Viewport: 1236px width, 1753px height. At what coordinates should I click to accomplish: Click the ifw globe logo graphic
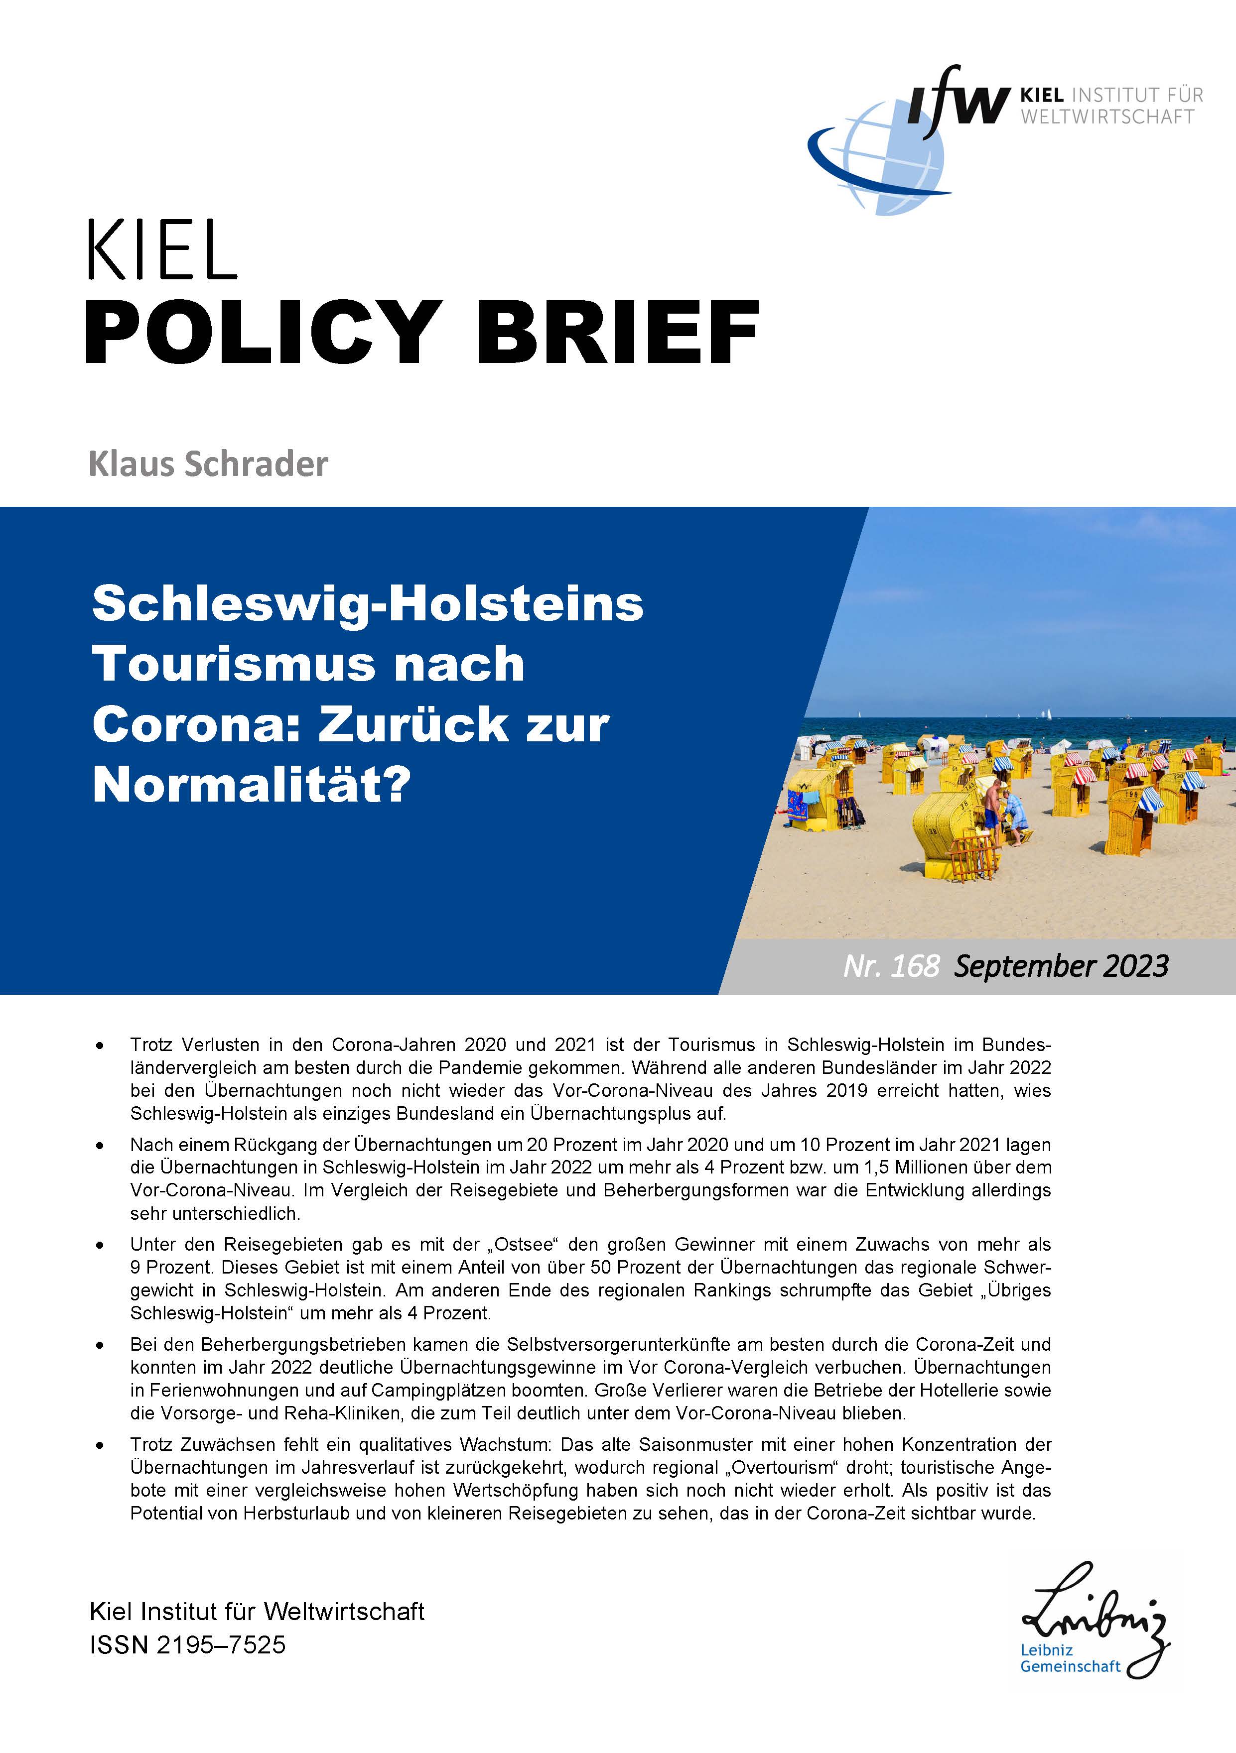coord(878,156)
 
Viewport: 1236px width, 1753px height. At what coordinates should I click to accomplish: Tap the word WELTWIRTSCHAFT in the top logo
coord(1107,117)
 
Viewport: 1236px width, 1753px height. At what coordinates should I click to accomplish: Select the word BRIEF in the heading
coord(617,333)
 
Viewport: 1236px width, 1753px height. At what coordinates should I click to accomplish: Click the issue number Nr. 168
coord(890,966)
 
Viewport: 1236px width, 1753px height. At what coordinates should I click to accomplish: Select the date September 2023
coord(1061,966)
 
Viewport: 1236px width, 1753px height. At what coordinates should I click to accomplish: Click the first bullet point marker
coord(99,1045)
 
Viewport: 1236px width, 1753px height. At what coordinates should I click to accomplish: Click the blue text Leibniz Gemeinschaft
coord(1070,1658)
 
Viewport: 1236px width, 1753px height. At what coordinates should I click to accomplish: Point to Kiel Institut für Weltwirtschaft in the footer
coord(257,1612)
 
